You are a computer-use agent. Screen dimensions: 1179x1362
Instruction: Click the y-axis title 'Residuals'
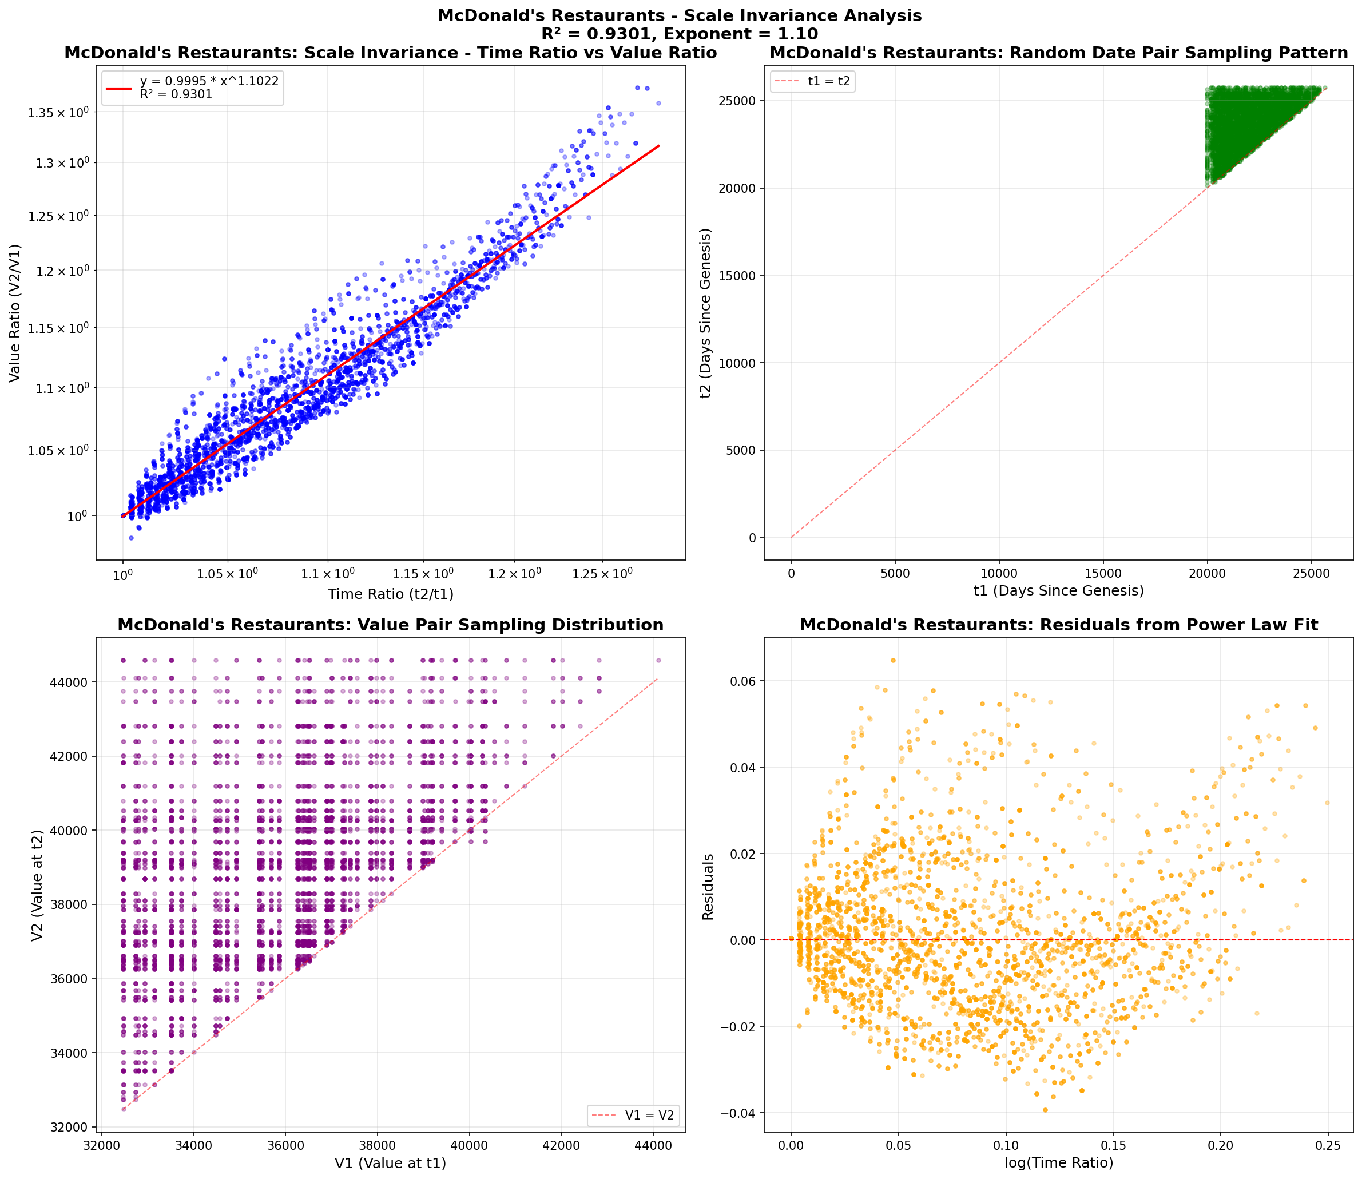[708, 886]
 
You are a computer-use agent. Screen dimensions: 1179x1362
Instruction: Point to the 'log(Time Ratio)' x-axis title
[1059, 1162]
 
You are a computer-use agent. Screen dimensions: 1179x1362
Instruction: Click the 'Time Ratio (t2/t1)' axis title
[391, 594]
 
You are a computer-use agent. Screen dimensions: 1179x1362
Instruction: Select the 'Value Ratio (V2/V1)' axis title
[14, 313]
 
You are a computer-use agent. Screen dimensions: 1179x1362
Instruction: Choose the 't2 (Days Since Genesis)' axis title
[706, 313]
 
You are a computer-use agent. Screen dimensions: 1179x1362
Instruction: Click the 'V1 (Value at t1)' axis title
[390, 1163]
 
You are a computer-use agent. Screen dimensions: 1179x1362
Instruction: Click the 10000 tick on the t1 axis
[999, 573]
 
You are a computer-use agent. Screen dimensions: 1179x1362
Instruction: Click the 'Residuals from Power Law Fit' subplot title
[1059, 625]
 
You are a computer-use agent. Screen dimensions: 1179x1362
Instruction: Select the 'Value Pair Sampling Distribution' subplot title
[390, 625]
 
